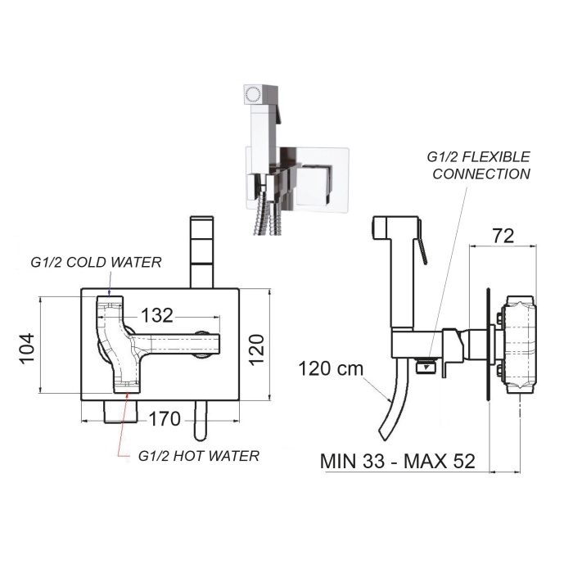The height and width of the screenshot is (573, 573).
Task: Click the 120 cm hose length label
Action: point(331,369)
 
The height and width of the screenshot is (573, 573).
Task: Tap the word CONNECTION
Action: point(481,174)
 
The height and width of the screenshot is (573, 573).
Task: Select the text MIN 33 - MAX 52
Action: point(398,460)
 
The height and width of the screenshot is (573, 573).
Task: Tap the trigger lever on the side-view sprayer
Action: point(422,250)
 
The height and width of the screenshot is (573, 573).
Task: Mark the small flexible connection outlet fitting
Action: point(426,365)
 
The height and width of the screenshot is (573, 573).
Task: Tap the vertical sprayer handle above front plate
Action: point(201,251)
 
